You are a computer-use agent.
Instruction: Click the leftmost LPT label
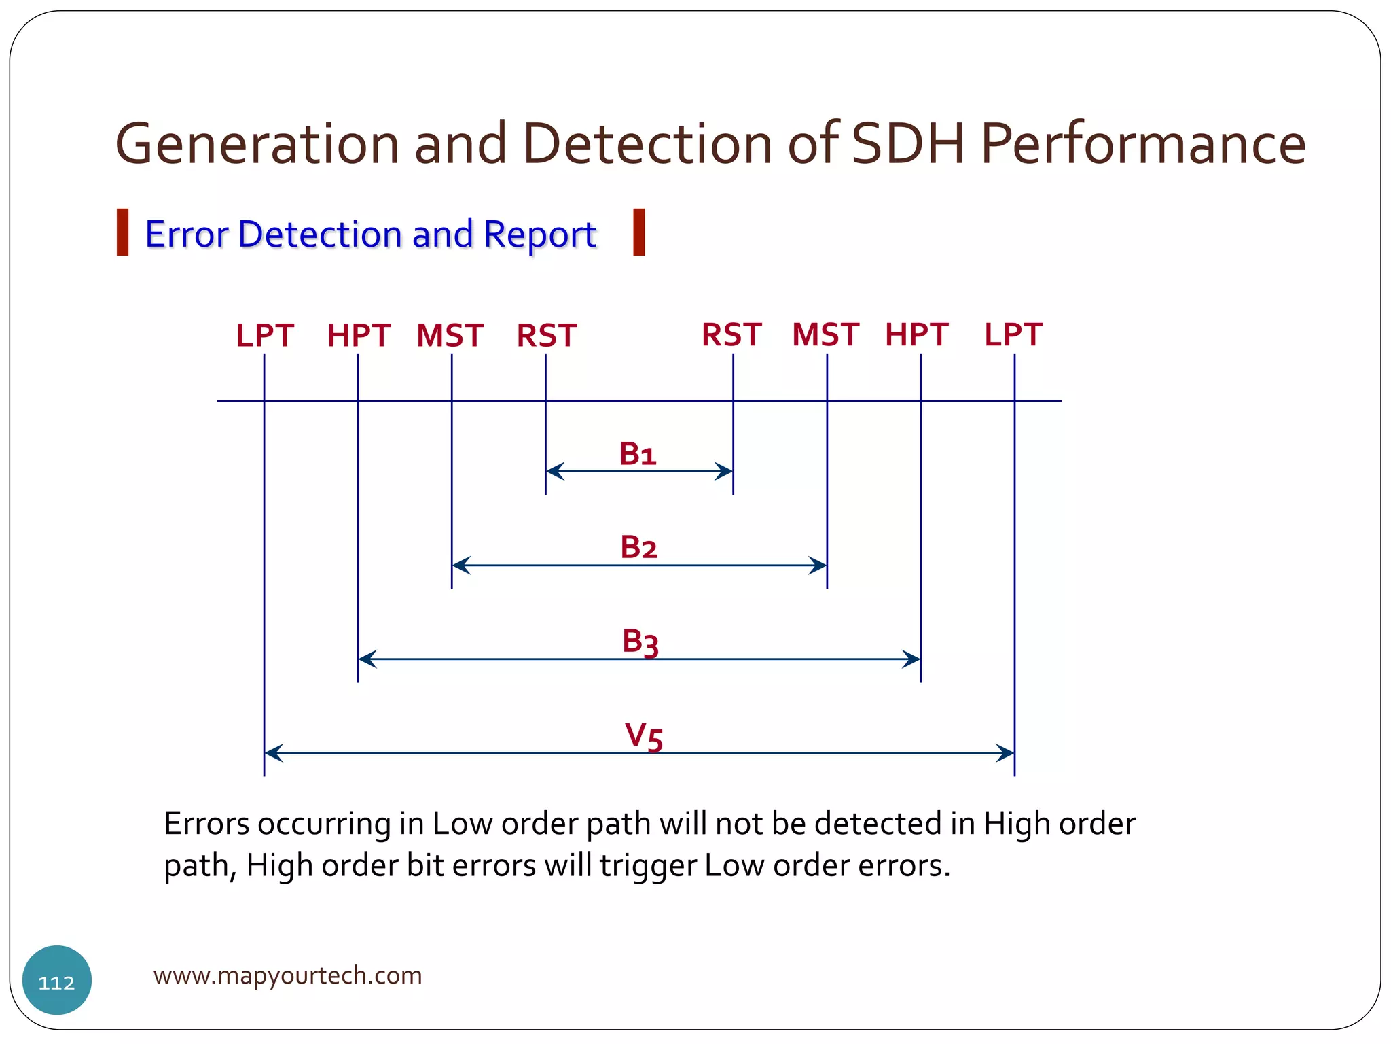click(264, 336)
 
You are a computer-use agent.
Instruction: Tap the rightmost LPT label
click(1013, 334)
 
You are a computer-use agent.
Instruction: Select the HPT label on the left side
click(359, 336)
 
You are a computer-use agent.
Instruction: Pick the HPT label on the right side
click(916, 334)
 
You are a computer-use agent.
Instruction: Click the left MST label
click(450, 336)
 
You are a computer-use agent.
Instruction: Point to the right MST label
click(825, 334)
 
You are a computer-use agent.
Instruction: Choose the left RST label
click(546, 336)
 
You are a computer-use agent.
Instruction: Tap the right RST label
click(731, 334)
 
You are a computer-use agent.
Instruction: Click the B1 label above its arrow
click(638, 453)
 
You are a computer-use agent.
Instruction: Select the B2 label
click(638, 547)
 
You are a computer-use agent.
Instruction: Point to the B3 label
click(640, 642)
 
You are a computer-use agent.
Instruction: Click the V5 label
click(643, 736)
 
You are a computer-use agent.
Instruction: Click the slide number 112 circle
click(57, 980)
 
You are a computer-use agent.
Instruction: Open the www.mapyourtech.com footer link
click(287, 975)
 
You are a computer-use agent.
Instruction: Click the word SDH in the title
click(907, 143)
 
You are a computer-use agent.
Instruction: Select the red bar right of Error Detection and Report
click(638, 232)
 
